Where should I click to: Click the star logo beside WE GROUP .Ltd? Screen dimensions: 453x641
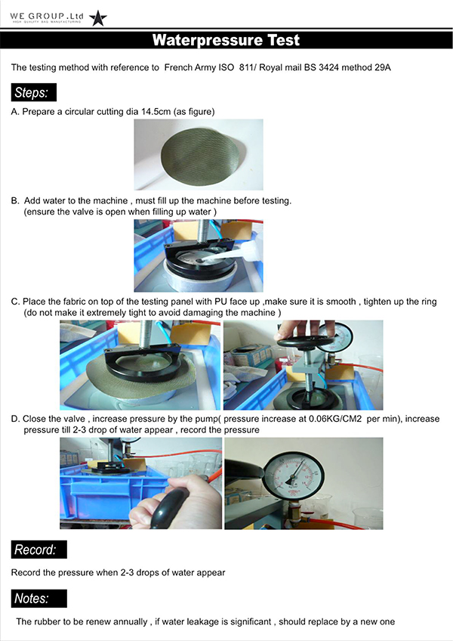98,18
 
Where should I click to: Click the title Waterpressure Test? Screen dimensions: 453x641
226,40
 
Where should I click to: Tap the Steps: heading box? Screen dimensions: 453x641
33,92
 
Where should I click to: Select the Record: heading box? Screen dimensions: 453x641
39,550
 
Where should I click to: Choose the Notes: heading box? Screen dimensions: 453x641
39,599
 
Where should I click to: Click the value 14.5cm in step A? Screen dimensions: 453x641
156,112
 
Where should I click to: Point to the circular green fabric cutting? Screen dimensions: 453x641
200,154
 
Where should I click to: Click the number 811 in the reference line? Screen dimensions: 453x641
246,67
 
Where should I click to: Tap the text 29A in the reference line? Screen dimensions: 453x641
382,67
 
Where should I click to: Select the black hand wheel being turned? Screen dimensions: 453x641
306,342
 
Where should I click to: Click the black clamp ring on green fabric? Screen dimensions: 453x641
143,363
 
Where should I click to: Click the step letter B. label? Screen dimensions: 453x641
15,201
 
